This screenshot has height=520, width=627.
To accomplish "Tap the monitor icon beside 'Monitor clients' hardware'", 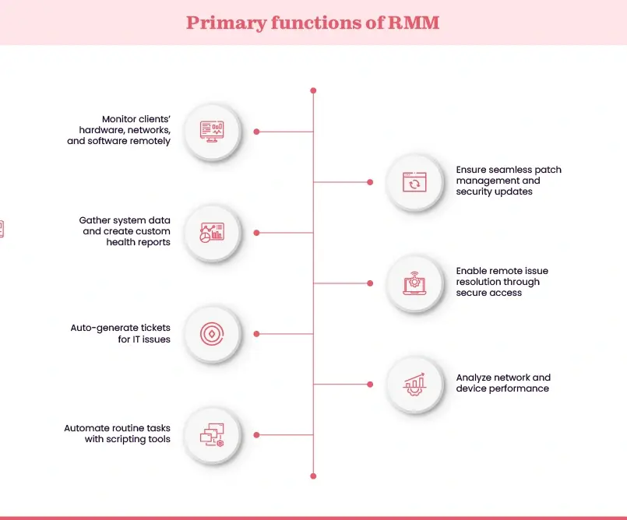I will pos(212,131).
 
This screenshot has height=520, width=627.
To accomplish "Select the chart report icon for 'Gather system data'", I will pos(212,232).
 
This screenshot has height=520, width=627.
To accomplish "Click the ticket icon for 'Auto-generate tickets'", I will pos(212,333).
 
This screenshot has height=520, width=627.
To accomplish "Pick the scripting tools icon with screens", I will pos(212,434).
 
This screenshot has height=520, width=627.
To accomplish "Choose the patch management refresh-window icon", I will pos(414,182).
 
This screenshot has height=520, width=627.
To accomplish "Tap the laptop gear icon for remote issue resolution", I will pos(414,283).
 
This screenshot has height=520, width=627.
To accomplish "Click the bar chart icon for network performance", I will pos(414,384).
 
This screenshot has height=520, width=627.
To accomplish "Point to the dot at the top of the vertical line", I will pos(313,90).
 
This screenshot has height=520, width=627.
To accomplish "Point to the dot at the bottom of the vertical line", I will pos(313,476).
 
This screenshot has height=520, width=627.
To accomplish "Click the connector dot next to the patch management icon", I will pos(370,182).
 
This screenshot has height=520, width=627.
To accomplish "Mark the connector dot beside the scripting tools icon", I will pos(256,434).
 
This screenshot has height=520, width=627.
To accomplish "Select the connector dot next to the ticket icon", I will pos(256,333).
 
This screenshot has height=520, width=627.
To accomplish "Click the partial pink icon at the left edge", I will pos(2,228).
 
